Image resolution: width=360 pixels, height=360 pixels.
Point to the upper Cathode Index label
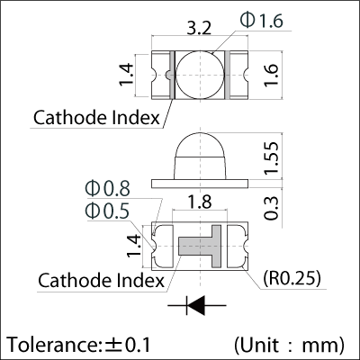point(96,117)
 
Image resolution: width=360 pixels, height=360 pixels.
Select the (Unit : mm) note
point(288,345)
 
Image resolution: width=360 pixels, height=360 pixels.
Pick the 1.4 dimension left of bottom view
point(132,245)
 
